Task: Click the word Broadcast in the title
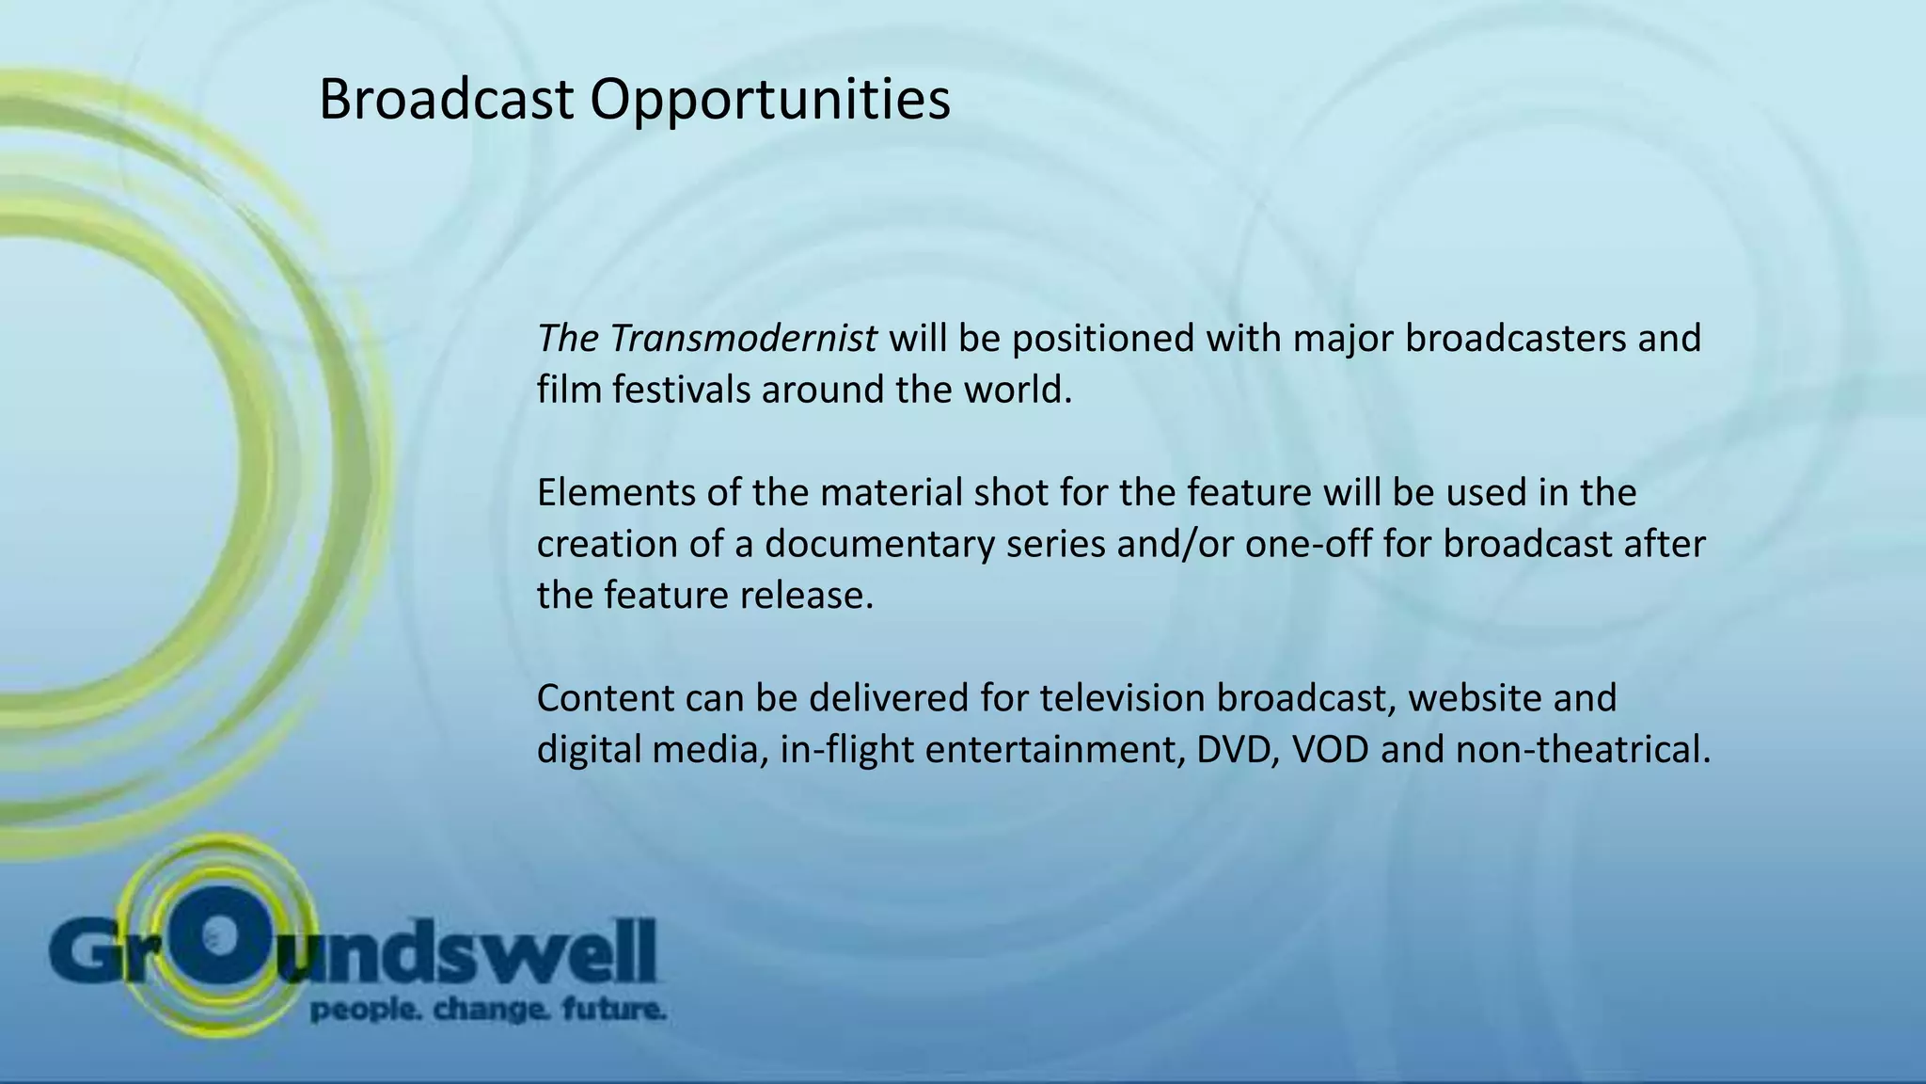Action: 446,100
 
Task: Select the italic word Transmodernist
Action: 743,338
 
